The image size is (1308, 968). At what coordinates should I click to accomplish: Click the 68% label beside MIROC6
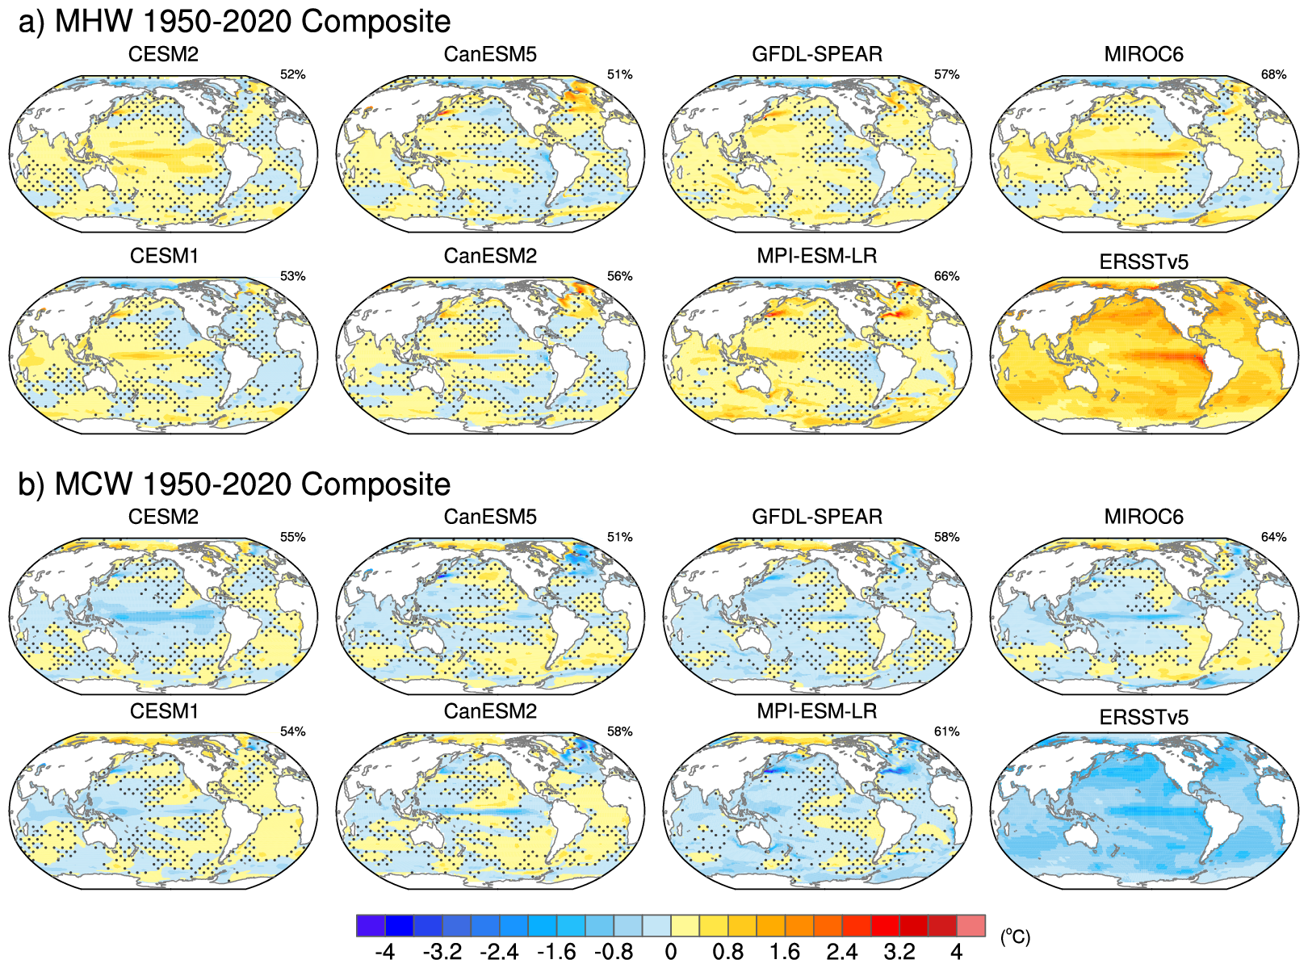[1273, 75]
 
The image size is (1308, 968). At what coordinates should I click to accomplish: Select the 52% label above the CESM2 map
[292, 75]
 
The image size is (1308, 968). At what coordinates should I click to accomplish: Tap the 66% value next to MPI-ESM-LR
[946, 276]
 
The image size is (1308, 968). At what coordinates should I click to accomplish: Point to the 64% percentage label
[1273, 538]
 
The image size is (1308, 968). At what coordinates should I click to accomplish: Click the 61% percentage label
[946, 732]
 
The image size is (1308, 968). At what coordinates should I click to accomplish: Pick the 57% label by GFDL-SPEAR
[946, 75]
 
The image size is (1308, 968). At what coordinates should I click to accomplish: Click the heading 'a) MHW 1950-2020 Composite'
[234, 22]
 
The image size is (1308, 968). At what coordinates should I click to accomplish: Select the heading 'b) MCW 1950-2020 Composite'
[234, 484]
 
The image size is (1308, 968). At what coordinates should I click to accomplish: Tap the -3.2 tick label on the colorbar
[442, 953]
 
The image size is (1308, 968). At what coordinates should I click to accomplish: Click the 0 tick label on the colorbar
[670, 953]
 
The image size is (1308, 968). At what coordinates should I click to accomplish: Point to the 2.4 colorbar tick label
[841, 953]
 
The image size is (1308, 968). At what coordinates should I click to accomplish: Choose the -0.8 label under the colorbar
[614, 953]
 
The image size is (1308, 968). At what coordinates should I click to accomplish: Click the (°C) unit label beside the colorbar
[1015, 937]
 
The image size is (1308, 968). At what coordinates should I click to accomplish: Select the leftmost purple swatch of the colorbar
[371, 926]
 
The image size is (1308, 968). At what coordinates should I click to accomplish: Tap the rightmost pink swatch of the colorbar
[971, 926]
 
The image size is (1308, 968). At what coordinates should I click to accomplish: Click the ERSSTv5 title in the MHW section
[1143, 262]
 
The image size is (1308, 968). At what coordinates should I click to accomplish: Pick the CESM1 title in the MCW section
[164, 711]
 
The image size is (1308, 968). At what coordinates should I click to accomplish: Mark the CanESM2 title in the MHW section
[490, 257]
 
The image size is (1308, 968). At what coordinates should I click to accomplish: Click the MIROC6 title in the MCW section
[1143, 517]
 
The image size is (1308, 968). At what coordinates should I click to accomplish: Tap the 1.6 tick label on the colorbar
[784, 953]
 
